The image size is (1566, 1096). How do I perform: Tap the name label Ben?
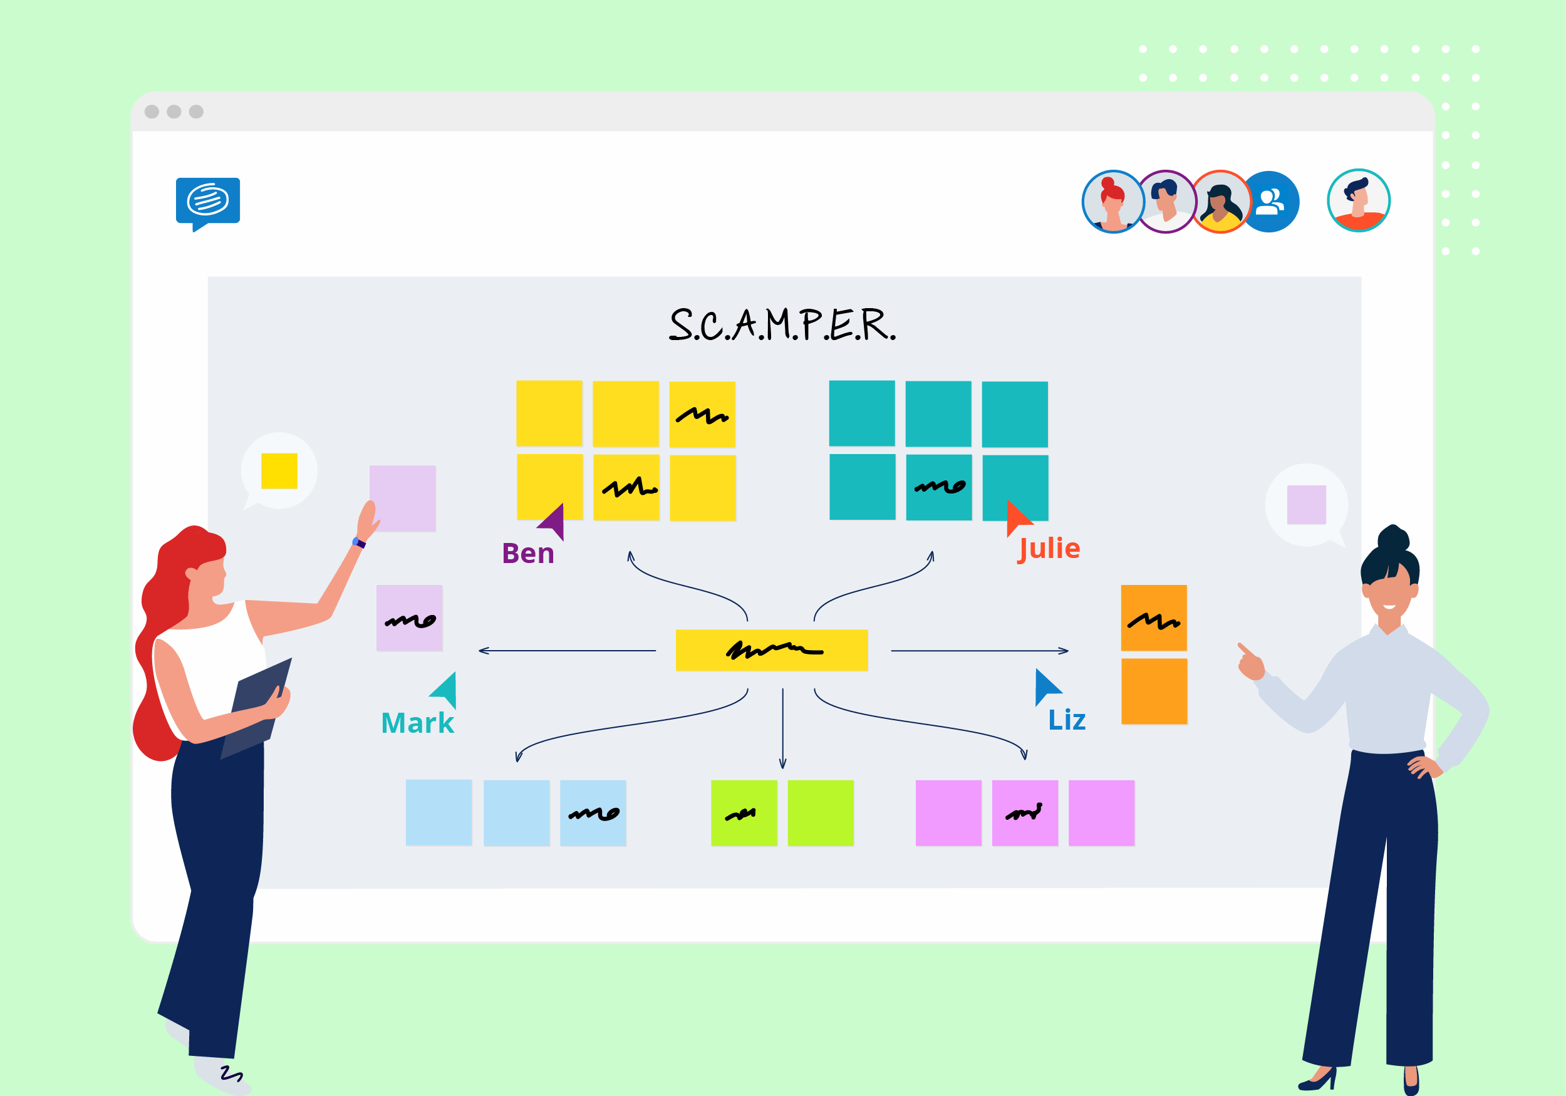click(x=528, y=553)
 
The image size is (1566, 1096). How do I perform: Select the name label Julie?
click(x=1049, y=549)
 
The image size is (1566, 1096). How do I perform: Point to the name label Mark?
click(x=417, y=723)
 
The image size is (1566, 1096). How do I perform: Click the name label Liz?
click(x=1067, y=720)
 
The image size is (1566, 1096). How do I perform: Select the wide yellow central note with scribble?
click(x=771, y=650)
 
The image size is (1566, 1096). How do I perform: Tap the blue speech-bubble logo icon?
click(x=208, y=202)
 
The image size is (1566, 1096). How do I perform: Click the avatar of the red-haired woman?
click(x=1113, y=202)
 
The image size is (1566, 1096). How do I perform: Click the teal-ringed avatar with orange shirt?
click(x=1359, y=200)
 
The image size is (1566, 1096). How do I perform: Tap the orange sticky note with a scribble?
click(x=1153, y=618)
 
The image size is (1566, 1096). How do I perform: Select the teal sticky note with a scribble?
click(x=938, y=487)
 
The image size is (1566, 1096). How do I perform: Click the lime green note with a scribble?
click(x=744, y=813)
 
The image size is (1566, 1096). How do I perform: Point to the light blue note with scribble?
click(x=593, y=813)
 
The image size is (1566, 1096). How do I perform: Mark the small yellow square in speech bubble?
click(x=279, y=470)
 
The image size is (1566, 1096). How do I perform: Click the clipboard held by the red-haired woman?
click(x=258, y=710)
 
